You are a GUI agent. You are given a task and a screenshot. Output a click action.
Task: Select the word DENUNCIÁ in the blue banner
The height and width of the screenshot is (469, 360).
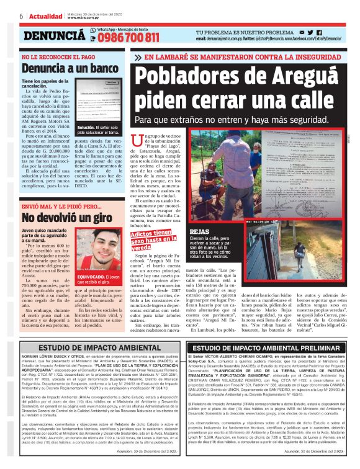55,36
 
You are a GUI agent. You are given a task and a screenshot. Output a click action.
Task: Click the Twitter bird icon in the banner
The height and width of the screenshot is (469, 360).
310,32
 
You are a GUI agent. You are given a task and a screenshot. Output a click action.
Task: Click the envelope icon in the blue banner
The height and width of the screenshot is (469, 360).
301,32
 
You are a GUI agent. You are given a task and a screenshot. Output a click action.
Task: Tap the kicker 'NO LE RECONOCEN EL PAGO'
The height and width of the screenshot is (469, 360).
54,56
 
